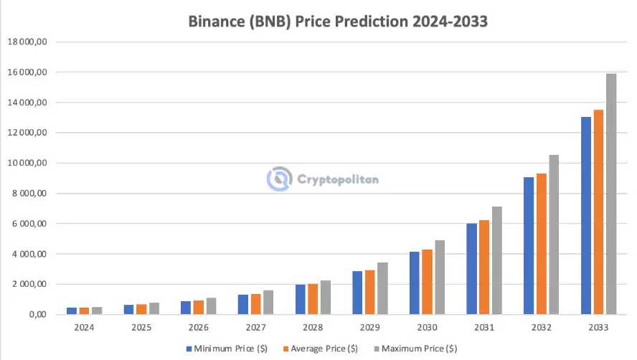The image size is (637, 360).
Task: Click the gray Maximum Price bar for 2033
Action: tap(610, 194)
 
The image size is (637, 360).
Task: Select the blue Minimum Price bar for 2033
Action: tap(585, 215)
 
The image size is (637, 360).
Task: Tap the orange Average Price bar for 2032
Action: tap(542, 244)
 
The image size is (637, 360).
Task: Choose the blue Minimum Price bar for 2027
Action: tap(242, 304)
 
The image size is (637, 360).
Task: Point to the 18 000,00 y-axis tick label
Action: tap(27, 42)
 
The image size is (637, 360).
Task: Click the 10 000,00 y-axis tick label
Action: tap(27, 164)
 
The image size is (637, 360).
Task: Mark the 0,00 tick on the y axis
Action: tap(36, 315)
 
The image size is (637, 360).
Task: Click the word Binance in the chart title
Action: tap(217, 22)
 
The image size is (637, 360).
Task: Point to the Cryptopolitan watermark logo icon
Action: tap(278, 179)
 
